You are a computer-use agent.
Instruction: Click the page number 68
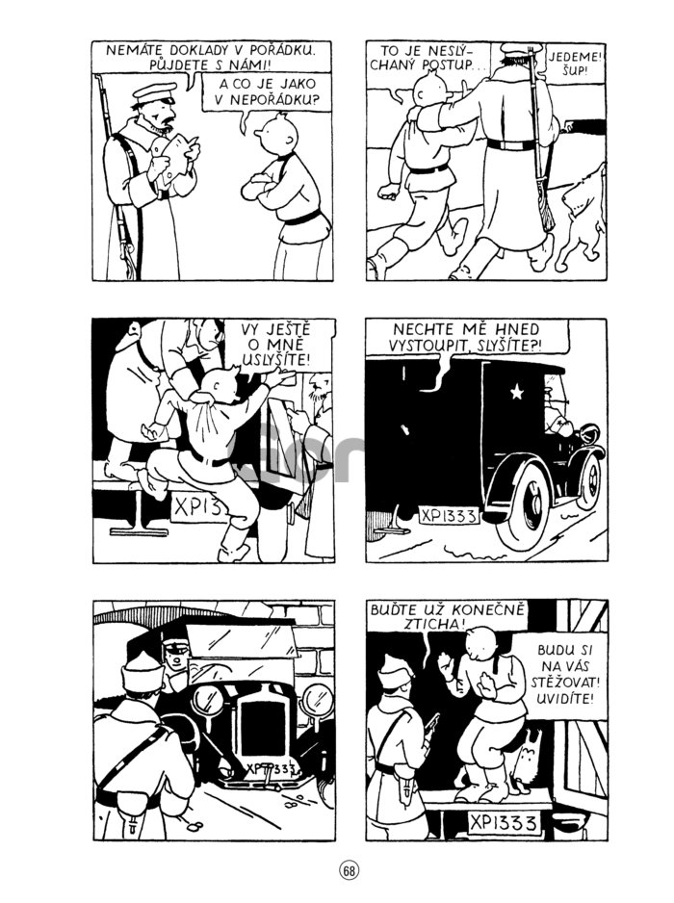348,869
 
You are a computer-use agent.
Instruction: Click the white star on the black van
517,392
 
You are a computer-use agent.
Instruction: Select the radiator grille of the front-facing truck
263,719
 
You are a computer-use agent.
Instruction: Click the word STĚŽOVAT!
565,683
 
